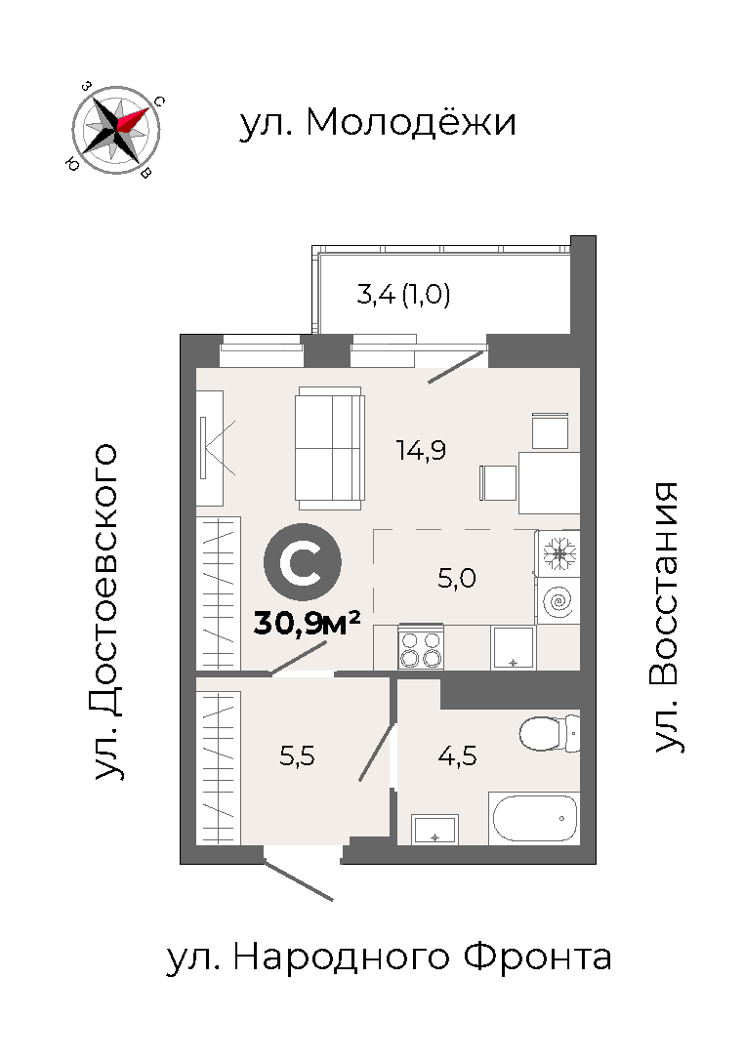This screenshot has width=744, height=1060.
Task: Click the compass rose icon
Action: coord(116,130)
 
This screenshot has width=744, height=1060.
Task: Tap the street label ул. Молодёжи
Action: coord(378,122)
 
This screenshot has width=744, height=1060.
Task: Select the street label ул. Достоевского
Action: coord(106,612)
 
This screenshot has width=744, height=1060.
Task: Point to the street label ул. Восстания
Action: coord(666,617)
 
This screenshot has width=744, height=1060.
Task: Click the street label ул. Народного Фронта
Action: coord(389,958)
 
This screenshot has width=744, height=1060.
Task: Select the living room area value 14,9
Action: coord(421,450)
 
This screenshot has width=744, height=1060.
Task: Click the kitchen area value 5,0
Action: coord(457,578)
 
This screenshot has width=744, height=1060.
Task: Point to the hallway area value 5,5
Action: coord(297,755)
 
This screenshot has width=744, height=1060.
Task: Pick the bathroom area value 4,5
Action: coord(457,755)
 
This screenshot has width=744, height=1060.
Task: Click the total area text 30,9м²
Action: coord(307,624)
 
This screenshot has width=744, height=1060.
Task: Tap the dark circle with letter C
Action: coord(303,562)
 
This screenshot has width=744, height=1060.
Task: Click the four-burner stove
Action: coord(421,648)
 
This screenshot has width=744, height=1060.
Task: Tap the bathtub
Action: coord(534,818)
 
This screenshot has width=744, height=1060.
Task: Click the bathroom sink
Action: coord(434,830)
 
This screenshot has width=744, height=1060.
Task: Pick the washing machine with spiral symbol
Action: coord(558,600)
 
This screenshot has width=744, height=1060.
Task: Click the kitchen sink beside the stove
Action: coord(514,648)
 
